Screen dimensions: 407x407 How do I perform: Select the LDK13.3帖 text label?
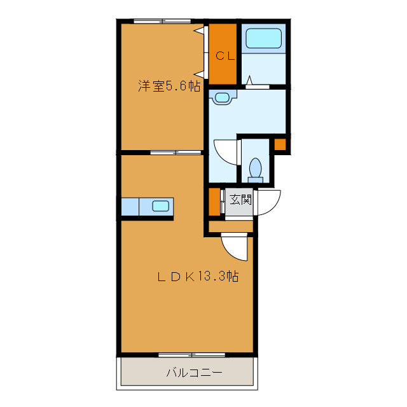point(198,277)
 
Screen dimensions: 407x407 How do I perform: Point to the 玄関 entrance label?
point(240,199)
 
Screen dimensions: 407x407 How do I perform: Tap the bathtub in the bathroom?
point(263,38)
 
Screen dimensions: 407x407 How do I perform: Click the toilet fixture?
point(255,169)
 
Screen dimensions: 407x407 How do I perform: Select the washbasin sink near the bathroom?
point(223,97)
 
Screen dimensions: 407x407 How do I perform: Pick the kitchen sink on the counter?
point(161,205)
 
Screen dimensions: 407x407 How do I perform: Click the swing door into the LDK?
point(234,247)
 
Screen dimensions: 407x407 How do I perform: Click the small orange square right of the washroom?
point(280,144)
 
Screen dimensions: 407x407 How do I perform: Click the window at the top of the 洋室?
point(162,21)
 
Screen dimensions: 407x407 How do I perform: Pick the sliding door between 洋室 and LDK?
point(175,153)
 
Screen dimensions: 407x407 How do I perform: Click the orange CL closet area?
point(223,70)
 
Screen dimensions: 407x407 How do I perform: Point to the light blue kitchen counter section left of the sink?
point(130,206)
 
